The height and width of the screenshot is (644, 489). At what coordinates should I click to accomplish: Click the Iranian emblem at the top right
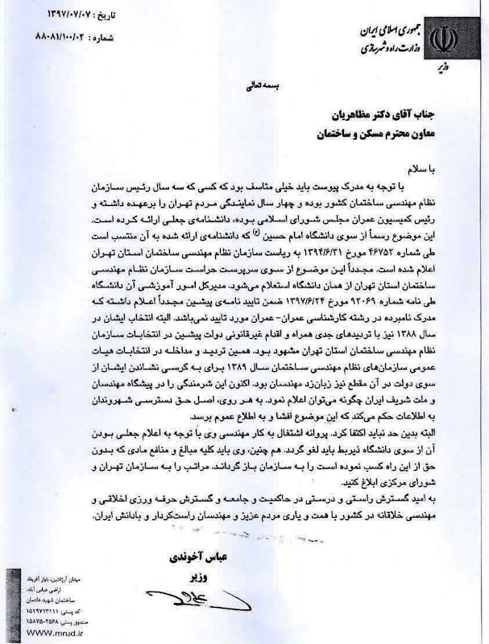[x=445, y=38]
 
